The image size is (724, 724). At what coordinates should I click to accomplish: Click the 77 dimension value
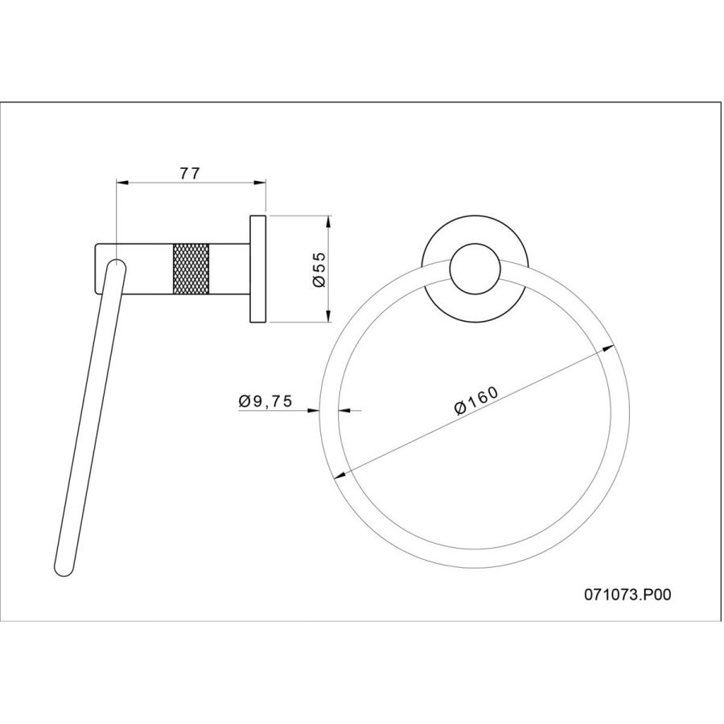click(x=190, y=173)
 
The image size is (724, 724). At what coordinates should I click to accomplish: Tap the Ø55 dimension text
click(x=319, y=269)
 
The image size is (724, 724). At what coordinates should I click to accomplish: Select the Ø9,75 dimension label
click(x=265, y=401)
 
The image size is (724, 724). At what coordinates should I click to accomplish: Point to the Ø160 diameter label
click(x=477, y=401)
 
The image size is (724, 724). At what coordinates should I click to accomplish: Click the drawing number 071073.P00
click(x=627, y=594)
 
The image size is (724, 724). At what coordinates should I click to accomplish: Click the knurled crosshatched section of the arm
click(x=191, y=269)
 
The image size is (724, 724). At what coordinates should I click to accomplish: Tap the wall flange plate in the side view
click(x=258, y=269)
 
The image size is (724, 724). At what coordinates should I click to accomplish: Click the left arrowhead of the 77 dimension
click(x=121, y=183)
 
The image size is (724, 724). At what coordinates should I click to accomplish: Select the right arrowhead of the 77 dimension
click(x=261, y=183)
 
